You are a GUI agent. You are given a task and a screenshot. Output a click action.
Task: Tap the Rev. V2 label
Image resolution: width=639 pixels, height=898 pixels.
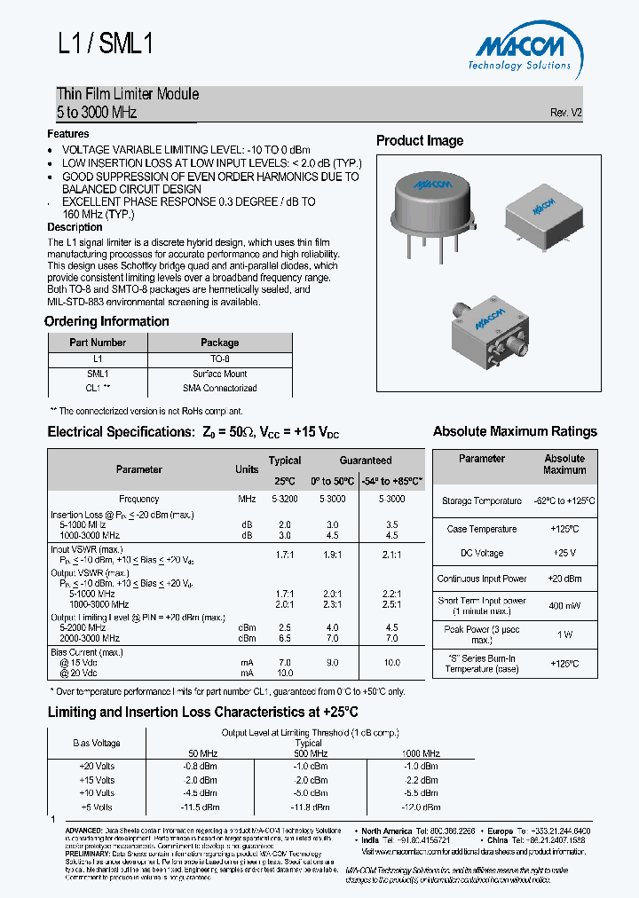pyautogui.click(x=565, y=114)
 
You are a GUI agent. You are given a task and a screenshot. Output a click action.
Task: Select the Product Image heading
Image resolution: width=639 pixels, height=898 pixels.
pyautogui.click(x=420, y=140)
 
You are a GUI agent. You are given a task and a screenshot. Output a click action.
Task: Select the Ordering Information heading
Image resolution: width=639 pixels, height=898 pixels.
pyautogui.click(x=106, y=321)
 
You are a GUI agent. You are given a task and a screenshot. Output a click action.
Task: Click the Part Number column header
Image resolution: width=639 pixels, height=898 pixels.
pyautogui.click(x=98, y=343)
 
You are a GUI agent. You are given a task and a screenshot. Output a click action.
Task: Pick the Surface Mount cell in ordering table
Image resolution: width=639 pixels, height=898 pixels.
pyautogui.click(x=219, y=374)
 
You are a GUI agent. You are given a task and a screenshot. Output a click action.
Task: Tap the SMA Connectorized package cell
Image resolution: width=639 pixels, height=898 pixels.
pyautogui.click(x=219, y=389)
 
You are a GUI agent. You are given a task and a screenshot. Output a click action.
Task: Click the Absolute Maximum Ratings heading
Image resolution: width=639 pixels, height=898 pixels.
pyautogui.click(x=515, y=431)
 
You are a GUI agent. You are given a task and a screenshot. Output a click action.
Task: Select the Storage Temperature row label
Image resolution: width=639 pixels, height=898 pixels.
pyautogui.click(x=482, y=501)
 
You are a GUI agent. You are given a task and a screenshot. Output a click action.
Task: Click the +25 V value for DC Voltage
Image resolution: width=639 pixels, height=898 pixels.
pyautogui.click(x=564, y=553)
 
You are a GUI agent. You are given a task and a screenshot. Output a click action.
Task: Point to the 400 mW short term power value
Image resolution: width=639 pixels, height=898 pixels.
pyautogui.click(x=564, y=606)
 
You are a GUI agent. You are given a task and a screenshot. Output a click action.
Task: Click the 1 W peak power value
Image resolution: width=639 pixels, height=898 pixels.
pyautogui.click(x=564, y=634)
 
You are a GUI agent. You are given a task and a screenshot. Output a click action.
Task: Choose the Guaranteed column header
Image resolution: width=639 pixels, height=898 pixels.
pyautogui.click(x=365, y=461)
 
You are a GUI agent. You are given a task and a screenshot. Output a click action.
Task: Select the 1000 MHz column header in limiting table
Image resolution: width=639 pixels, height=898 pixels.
pyautogui.click(x=419, y=752)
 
